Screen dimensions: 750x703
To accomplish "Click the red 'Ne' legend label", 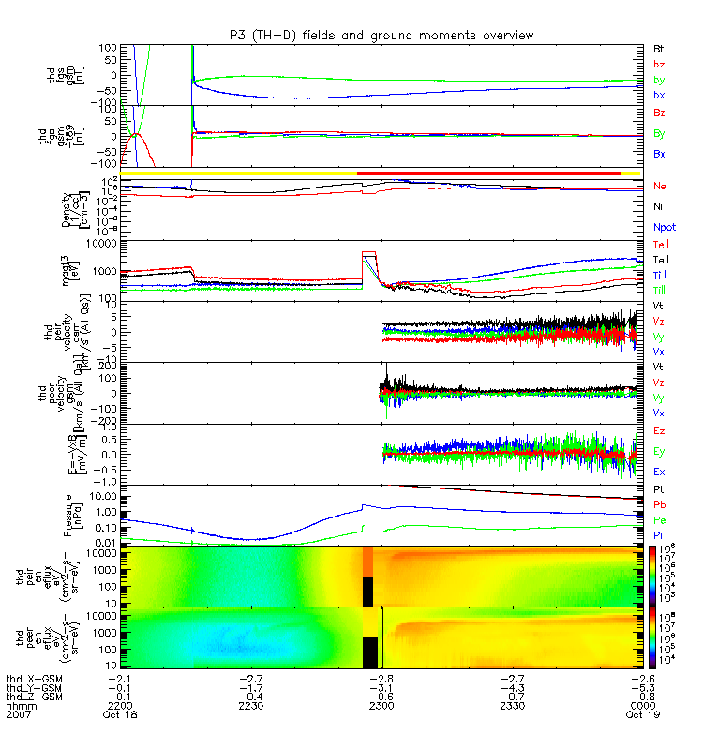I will (660, 187).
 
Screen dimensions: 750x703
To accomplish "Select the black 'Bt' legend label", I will (660, 46).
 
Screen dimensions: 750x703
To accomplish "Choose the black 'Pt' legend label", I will (660, 490).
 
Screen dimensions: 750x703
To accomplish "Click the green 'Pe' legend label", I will (660, 518).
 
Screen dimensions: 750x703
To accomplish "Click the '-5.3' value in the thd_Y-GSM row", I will (639, 687).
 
